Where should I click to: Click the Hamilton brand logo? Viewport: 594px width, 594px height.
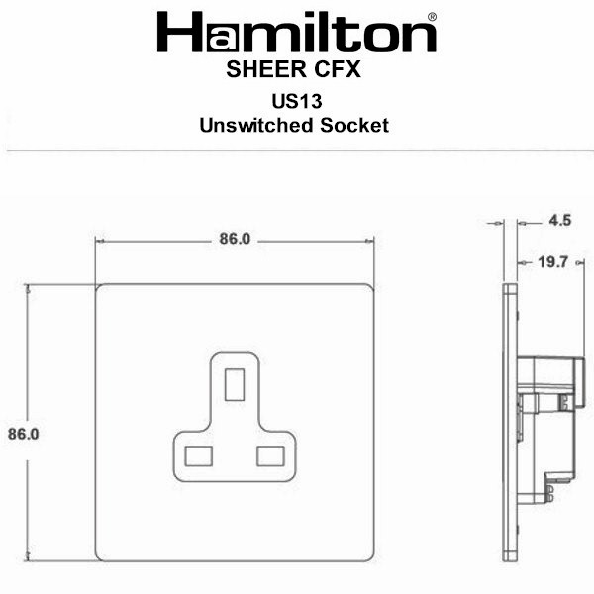tap(297, 32)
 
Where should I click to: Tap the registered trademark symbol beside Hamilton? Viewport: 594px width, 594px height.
tap(432, 17)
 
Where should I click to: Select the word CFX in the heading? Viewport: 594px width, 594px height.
tap(338, 69)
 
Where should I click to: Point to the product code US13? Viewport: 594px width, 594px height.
tap(297, 101)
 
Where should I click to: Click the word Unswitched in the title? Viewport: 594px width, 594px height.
tap(256, 125)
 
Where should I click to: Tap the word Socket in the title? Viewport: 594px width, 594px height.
tap(354, 125)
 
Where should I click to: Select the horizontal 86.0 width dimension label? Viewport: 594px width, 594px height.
tap(235, 239)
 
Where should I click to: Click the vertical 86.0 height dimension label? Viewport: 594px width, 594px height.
tap(24, 434)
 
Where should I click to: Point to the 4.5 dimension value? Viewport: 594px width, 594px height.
tap(560, 221)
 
